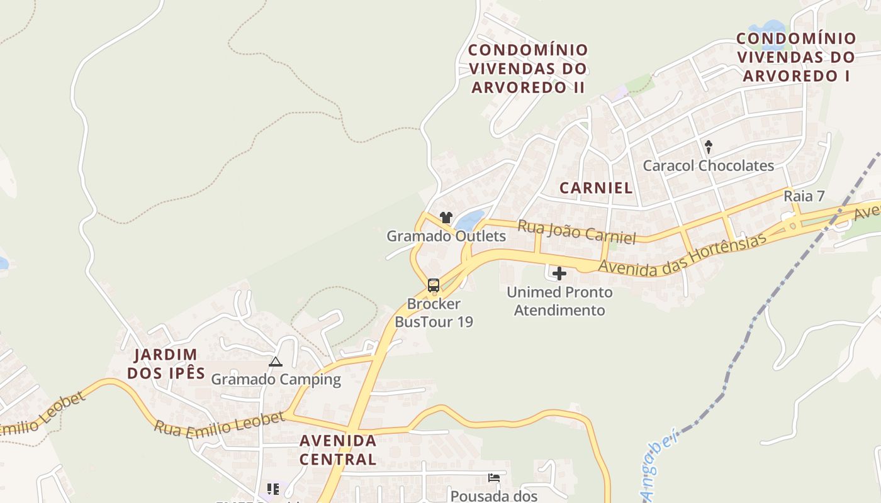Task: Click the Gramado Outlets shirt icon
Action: [x=446, y=218]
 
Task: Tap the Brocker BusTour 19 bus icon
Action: [x=434, y=285]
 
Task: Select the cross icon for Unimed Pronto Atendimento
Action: [x=559, y=274]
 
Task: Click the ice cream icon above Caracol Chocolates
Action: [x=709, y=147]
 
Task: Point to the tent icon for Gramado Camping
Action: [x=275, y=362]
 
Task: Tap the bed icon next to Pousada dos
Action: [x=494, y=478]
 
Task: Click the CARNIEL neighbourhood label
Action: [x=595, y=187]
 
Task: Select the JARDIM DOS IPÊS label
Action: [x=166, y=363]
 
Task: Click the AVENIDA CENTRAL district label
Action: [x=338, y=450]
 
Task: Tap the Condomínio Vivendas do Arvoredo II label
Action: [x=529, y=69]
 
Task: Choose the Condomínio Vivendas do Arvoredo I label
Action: [x=796, y=57]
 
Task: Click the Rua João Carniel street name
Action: [x=576, y=231]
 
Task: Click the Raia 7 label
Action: [x=804, y=196]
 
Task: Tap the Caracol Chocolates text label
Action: [x=708, y=166]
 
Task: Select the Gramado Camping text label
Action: [x=276, y=380]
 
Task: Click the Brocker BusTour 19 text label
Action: [x=434, y=313]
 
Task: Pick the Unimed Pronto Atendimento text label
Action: [x=559, y=301]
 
